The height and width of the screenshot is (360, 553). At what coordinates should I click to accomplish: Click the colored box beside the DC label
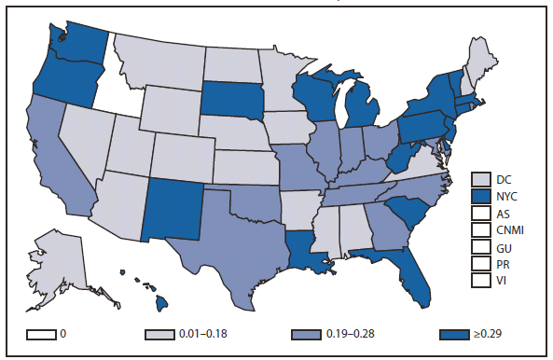pyautogui.click(x=481, y=179)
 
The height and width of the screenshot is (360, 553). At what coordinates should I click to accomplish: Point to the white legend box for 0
pyautogui.click(x=39, y=334)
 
